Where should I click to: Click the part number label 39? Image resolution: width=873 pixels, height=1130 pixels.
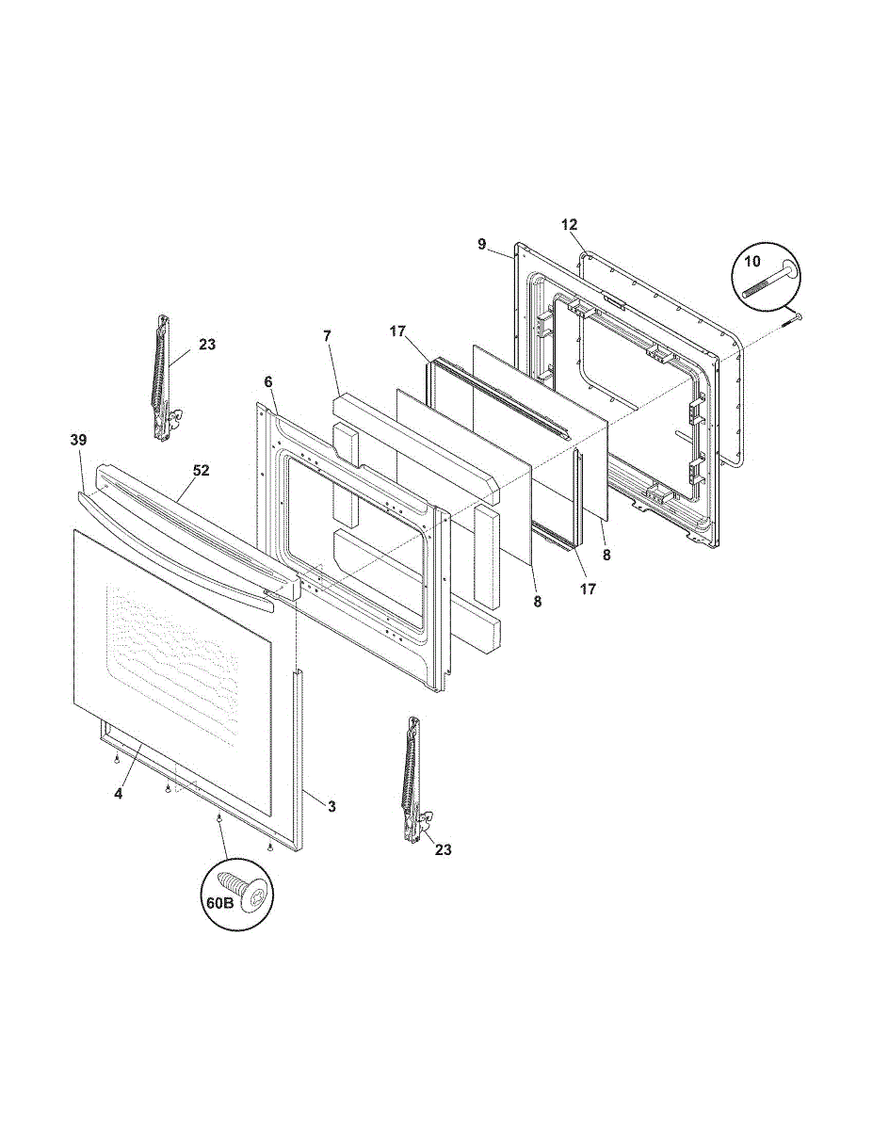point(78,440)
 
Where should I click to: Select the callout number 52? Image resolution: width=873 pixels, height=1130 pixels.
point(201,470)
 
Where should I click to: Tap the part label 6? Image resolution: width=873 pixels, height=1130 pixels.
point(268,381)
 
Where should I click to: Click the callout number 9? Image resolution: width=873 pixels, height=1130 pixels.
point(481,244)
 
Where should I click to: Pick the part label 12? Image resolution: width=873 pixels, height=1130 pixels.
point(569,225)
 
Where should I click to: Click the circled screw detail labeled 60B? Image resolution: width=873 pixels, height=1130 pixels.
point(235,895)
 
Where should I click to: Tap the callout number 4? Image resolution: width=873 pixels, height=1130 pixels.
point(119,794)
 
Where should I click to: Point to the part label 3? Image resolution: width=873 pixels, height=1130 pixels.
point(331,806)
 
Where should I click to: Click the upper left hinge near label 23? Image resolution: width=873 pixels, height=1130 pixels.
point(164,377)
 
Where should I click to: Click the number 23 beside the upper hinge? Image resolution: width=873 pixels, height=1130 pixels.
point(207,345)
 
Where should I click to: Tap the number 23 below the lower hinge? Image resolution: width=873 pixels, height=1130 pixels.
point(443,849)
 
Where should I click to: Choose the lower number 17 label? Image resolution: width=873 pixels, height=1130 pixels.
point(587,589)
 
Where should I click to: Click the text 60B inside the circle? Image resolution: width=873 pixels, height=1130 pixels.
point(218,902)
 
